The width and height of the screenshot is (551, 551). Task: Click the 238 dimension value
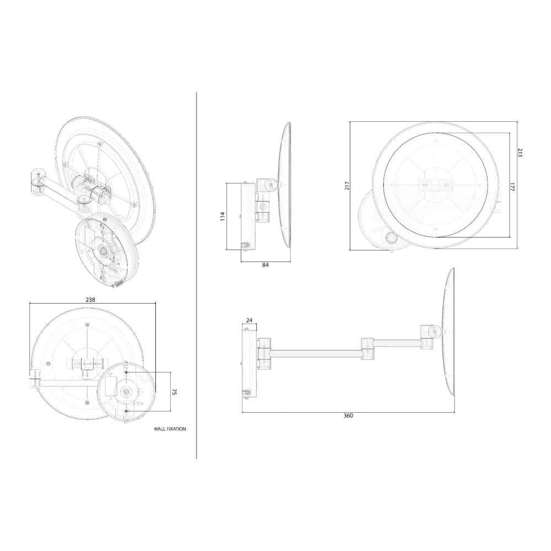pyautogui.click(x=91, y=300)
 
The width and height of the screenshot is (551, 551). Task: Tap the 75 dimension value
pyautogui.click(x=174, y=392)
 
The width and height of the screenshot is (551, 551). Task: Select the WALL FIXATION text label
pyautogui.click(x=170, y=428)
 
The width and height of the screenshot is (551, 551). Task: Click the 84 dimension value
pyautogui.click(x=266, y=265)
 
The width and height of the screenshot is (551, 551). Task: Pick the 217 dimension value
pyautogui.click(x=347, y=186)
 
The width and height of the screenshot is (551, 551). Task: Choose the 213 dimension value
pyautogui.click(x=519, y=153)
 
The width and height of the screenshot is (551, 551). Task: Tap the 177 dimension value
pyautogui.click(x=511, y=187)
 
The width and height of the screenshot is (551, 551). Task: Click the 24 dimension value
pyautogui.click(x=249, y=320)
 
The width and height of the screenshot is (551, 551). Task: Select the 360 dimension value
pyautogui.click(x=348, y=415)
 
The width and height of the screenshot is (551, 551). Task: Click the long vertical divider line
pyautogui.click(x=197, y=275)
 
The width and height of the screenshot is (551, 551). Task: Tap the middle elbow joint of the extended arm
pyautogui.click(x=368, y=348)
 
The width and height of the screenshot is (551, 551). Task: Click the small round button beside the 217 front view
pyautogui.click(x=392, y=237)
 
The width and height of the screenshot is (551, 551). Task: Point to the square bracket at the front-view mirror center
pyautogui.click(x=434, y=186)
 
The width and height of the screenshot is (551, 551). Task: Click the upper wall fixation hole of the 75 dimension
pyautogui.click(x=127, y=373)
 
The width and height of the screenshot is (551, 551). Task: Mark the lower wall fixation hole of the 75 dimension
pyautogui.click(x=127, y=411)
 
